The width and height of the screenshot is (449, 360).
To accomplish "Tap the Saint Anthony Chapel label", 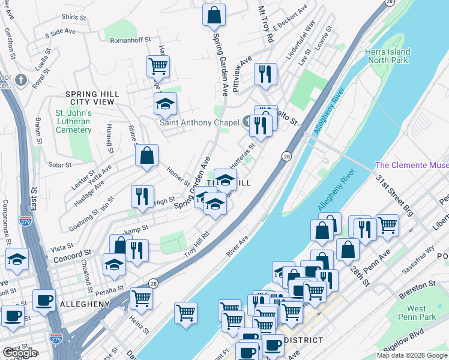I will [x=199, y=122].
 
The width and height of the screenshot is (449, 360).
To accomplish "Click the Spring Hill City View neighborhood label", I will [x=92, y=98].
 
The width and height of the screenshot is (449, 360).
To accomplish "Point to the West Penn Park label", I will [x=414, y=313].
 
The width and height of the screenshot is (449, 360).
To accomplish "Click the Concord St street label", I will [x=70, y=253].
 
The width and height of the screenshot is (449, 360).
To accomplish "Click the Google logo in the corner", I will [x=19, y=353].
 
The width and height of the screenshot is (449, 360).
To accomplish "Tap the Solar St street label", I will [x=60, y=165].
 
